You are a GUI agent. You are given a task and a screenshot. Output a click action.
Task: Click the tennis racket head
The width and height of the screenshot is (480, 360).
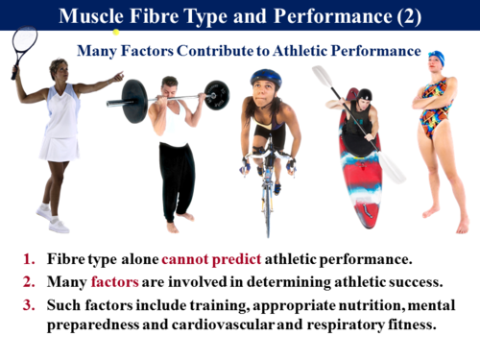point(25,40)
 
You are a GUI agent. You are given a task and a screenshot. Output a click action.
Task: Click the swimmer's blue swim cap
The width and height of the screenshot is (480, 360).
point(437,59)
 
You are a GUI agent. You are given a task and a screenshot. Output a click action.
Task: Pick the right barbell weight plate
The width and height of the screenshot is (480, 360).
point(215,95)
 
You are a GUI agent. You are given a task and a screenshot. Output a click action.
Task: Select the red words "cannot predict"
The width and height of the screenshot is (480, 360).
point(204,258)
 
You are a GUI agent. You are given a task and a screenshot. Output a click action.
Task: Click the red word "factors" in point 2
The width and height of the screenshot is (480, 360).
point(115,282)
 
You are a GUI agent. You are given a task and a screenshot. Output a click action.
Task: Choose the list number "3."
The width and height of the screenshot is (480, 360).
point(28,306)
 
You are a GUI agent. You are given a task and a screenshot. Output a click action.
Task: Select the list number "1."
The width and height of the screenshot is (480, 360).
point(28,258)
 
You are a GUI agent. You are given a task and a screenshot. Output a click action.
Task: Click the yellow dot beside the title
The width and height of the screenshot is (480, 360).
point(116,32)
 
